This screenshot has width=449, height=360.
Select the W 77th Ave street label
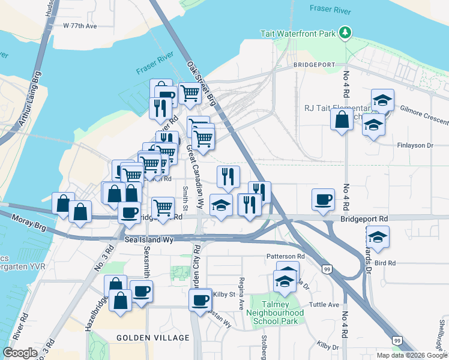[80, 26]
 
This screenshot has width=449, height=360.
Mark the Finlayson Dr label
[415, 145]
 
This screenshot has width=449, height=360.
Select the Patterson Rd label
[286, 256]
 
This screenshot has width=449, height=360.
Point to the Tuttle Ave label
[325, 304]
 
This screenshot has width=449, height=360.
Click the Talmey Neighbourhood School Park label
[282, 313]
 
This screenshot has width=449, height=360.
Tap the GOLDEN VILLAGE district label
[152, 338]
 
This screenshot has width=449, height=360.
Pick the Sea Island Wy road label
[149, 239]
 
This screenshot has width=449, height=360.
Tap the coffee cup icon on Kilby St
[201, 298]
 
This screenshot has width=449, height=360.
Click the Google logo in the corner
[20, 353]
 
